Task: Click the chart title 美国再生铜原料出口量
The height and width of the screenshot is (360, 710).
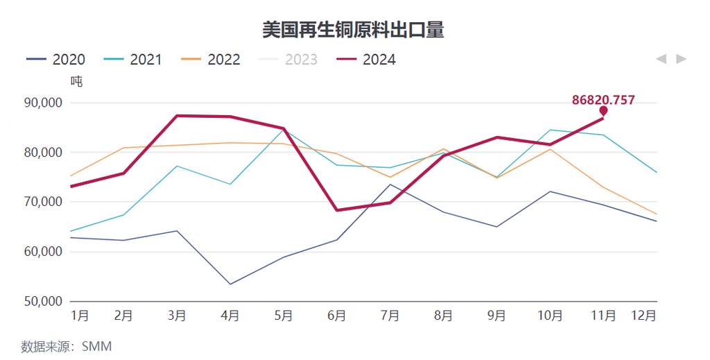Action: [353, 30]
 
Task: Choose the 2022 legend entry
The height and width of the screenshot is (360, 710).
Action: [211, 60]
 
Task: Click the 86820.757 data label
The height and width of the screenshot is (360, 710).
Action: [603, 100]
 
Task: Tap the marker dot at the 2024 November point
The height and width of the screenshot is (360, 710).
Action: [603, 111]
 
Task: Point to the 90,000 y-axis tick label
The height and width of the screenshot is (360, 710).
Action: [44, 103]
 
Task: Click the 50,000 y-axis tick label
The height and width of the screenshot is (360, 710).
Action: [44, 302]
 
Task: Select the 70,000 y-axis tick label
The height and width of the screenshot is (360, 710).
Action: [44, 202]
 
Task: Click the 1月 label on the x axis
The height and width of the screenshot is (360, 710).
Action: [80, 316]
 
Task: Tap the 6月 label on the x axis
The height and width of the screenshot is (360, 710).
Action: [336, 316]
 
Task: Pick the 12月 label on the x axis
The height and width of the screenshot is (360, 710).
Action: [643, 316]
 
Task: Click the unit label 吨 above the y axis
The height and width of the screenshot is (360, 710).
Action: [76, 81]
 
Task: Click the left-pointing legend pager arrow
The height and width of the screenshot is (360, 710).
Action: [661, 59]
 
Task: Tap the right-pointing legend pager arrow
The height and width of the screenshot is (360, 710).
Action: [682, 59]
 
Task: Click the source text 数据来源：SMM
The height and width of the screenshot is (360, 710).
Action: [67, 346]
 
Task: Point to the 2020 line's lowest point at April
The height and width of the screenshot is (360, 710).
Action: [230, 284]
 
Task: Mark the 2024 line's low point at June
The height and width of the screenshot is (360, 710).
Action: [337, 210]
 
